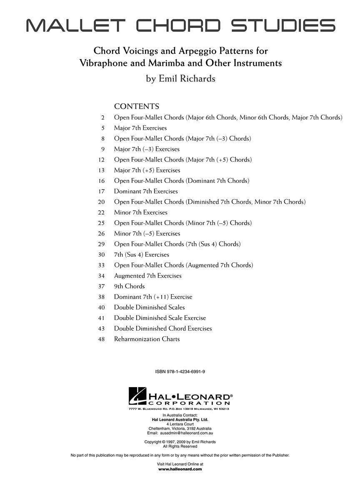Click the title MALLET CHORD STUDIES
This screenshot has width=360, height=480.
180,25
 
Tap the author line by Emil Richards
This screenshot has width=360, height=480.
180,78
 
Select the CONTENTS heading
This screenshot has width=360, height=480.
137,106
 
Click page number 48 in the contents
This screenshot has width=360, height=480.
101,339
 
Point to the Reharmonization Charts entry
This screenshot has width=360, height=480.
147,339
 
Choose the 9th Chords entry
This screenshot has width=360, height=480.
129,286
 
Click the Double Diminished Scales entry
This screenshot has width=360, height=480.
149,307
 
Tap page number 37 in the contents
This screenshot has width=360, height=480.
101,286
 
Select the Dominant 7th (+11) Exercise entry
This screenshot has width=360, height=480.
153,297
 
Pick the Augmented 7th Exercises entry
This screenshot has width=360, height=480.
147,276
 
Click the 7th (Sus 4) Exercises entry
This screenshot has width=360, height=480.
141,255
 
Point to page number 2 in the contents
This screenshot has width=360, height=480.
102,117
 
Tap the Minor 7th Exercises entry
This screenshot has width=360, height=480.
140,212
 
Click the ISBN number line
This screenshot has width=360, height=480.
180,371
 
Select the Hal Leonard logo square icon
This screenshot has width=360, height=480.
137,396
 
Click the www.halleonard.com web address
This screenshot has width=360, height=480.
180,469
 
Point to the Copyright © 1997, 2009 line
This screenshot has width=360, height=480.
180,442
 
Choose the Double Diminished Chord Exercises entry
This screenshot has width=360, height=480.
163,329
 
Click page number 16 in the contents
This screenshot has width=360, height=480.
101,181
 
